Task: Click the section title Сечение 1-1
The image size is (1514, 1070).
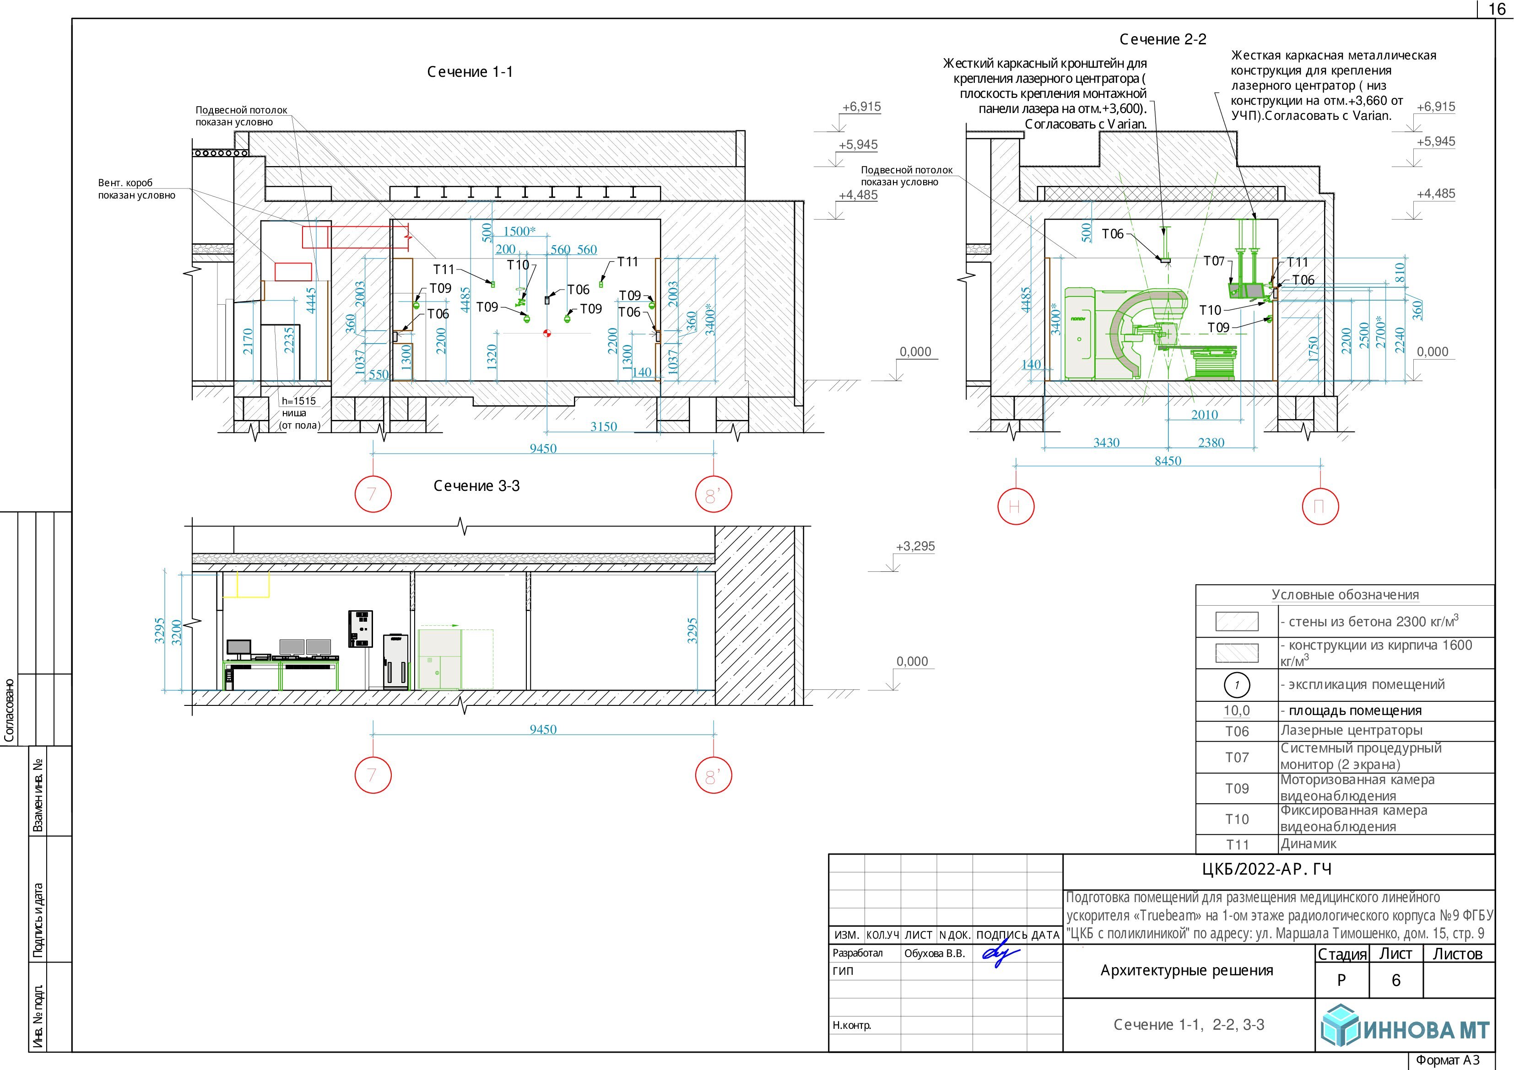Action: click(x=470, y=72)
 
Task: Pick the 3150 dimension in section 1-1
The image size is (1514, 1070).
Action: click(x=603, y=426)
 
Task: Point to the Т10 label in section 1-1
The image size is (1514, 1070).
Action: click(x=518, y=265)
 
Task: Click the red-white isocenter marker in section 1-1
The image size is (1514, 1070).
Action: click(x=546, y=333)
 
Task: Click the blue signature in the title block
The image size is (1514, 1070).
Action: click(x=1001, y=955)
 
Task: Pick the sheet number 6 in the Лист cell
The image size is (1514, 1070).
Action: click(x=1396, y=981)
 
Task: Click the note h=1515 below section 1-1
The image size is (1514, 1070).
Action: click(x=299, y=401)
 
